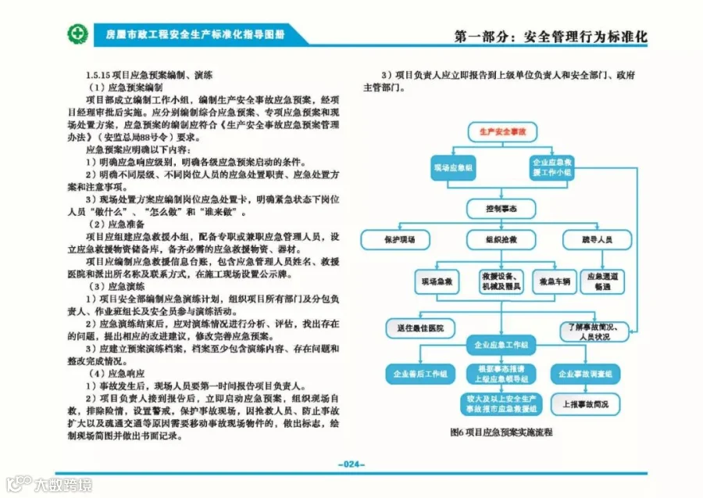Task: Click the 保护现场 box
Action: click(x=398, y=238)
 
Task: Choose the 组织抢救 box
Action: click(x=500, y=238)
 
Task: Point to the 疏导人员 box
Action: click(x=596, y=238)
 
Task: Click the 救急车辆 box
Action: click(x=553, y=280)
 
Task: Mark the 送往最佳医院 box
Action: click(x=419, y=328)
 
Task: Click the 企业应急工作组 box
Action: click(x=500, y=344)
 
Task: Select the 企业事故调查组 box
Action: click(x=585, y=374)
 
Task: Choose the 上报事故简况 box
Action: click(x=585, y=404)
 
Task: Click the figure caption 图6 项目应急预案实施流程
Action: click(x=501, y=431)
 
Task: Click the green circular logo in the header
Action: click(x=77, y=35)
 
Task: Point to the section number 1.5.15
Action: click(x=99, y=75)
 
